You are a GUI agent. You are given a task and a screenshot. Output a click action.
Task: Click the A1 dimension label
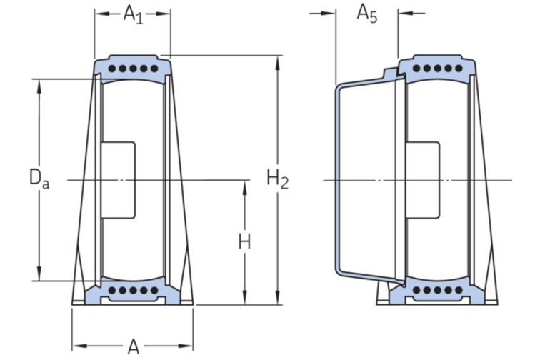pyautogui.click(x=133, y=14)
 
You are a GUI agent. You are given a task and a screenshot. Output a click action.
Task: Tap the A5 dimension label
pyautogui.click(x=366, y=14)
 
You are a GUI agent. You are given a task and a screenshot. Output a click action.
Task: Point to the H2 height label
pyautogui.click(x=278, y=179)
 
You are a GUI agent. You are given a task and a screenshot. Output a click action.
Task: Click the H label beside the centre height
pyautogui.click(x=245, y=242)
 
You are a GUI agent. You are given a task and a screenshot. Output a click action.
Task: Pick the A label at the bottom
pyautogui.click(x=133, y=347)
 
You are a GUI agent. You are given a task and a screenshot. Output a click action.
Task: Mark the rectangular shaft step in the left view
pyautogui.click(x=119, y=180)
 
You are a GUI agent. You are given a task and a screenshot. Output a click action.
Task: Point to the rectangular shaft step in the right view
pyautogui.click(x=423, y=180)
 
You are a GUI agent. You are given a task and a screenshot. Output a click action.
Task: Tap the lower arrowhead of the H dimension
pyautogui.click(x=245, y=300)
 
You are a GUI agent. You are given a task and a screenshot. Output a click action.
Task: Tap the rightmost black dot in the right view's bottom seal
pyautogui.click(x=456, y=291)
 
